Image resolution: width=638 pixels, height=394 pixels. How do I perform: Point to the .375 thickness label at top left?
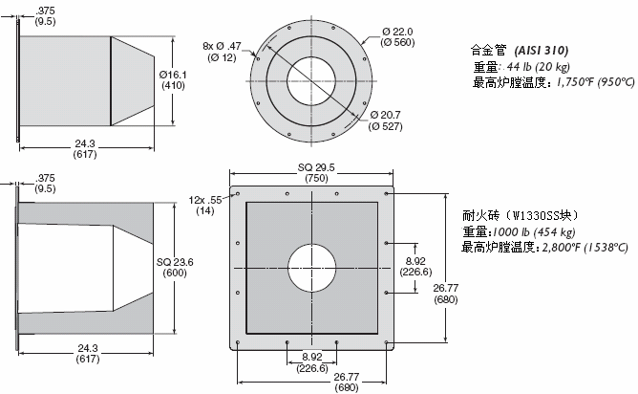[x=44, y=12]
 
